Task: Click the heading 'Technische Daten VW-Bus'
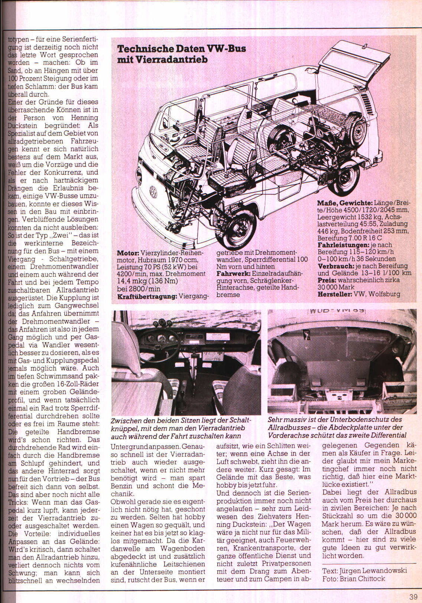tap(181, 49)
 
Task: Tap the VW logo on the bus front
tap(153, 192)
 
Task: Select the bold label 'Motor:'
tap(128, 253)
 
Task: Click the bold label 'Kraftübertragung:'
tap(147, 296)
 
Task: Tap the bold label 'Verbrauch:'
tap(336, 266)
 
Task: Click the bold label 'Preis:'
tap(326, 280)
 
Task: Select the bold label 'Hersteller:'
tap(335, 294)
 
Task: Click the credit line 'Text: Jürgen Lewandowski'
tap(364, 570)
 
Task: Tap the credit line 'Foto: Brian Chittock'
tap(354, 578)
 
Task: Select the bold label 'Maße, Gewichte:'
tap(344, 203)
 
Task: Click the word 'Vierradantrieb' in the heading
tap(162, 59)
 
